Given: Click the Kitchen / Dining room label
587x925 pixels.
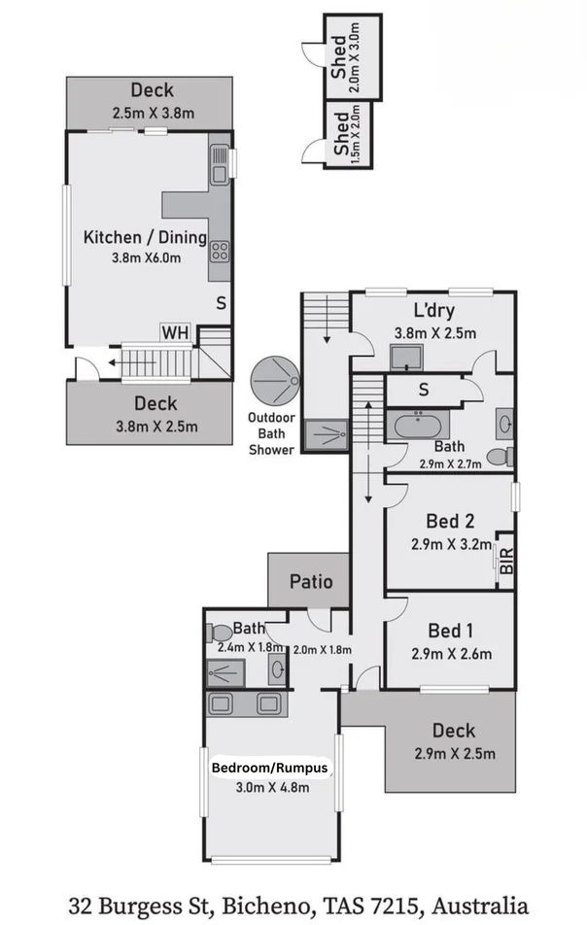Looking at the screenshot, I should click(x=145, y=237).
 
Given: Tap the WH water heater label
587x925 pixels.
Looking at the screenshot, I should click(x=175, y=332).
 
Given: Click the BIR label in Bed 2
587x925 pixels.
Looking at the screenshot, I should click(x=504, y=562).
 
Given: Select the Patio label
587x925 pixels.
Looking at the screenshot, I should click(x=311, y=582).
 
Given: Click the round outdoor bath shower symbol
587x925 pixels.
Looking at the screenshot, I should click(x=275, y=380).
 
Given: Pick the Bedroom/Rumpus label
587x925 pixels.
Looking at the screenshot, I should click(x=271, y=768).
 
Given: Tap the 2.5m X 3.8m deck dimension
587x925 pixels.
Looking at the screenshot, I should click(x=152, y=113).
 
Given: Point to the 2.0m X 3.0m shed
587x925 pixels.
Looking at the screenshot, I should click(x=351, y=58).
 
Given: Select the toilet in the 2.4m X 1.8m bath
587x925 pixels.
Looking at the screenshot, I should click(x=220, y=633).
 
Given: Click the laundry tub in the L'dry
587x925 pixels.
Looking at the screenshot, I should click(x=406, y=358).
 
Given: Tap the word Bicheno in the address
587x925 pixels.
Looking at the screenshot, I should click(x=274, y=906).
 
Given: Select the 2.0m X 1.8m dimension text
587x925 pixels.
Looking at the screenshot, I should click(x=321, y=650).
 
